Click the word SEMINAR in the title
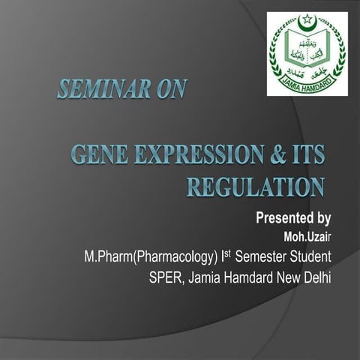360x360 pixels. (97, 91)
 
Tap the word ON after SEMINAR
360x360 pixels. (167, 91)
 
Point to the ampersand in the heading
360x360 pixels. (277, 157)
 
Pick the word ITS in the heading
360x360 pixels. (309, 157)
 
